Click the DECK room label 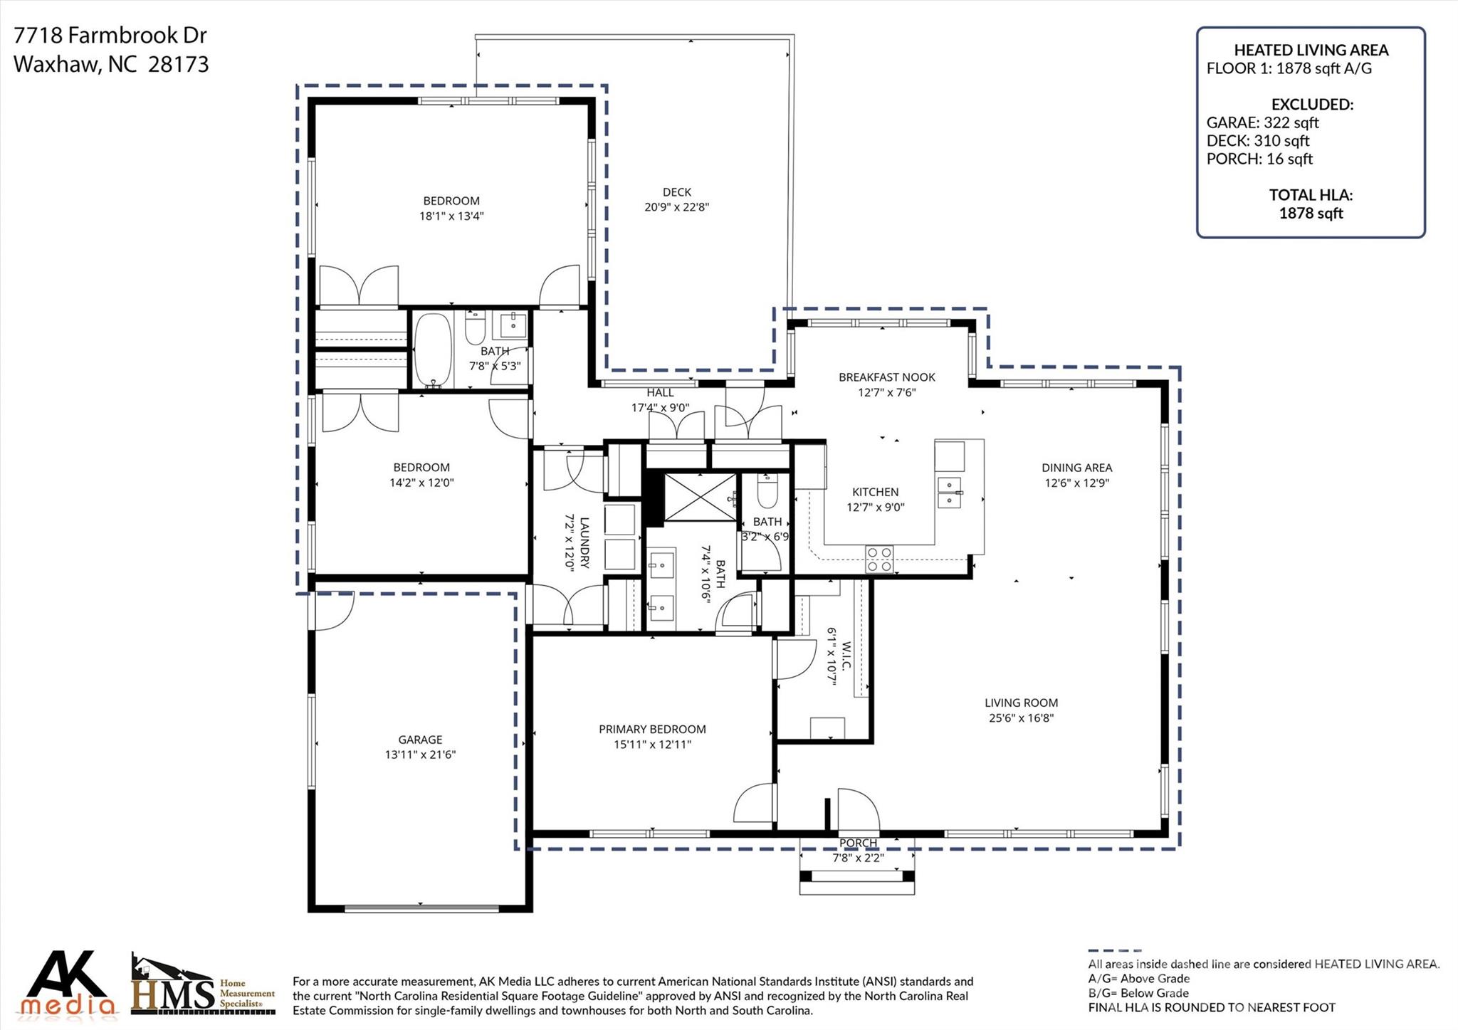tap(676, 191)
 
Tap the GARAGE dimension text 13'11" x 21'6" tap(420, 755)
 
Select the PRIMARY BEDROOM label tap(652, 729)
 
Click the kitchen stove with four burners tap(879, 559)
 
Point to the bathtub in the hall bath tap(433, 350)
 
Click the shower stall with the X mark tap(700, 497)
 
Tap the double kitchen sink tap(950, 492)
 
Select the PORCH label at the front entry tap(858, 843)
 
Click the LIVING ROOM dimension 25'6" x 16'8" tap(1021, 718)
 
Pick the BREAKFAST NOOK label tap(886, 377)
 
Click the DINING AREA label tap(1076, 468)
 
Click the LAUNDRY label tap(584, 542)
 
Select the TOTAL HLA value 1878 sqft tap(1311, 213)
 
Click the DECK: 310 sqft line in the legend tap(1257, 141)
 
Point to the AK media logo tap(68, 984)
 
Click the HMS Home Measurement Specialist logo tap(203, 986)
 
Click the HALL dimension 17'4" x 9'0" tap(660, 408)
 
